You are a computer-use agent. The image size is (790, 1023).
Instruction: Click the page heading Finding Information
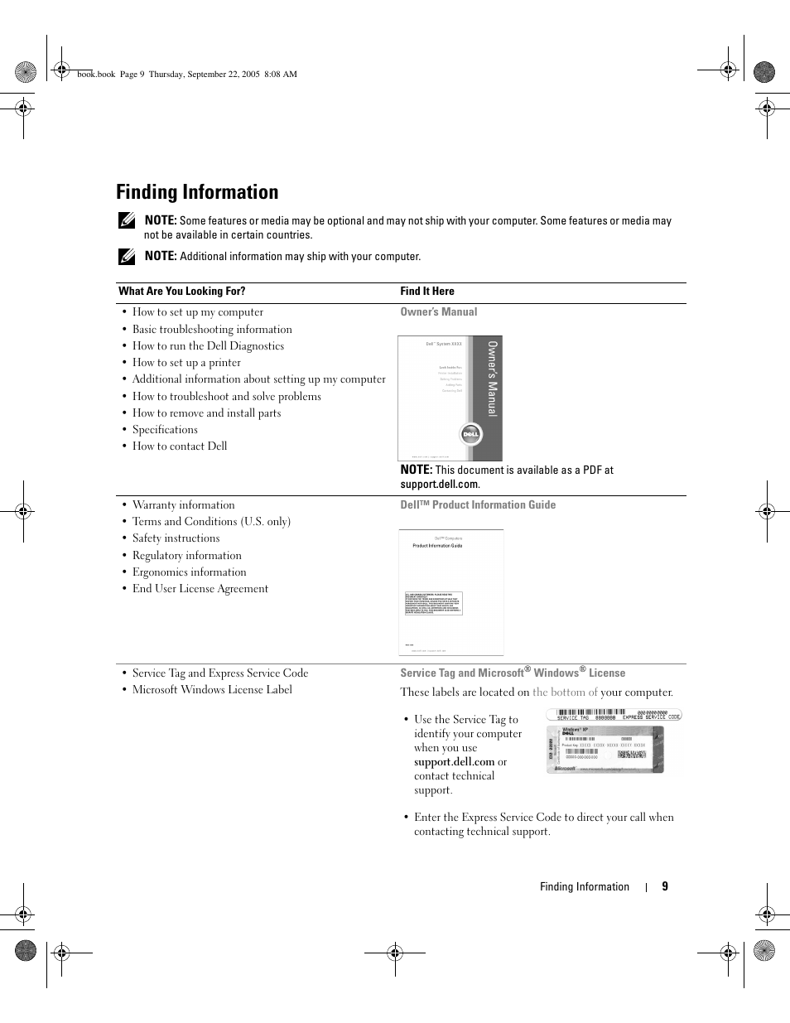point(197,192)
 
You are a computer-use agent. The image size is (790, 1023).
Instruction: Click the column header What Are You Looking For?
point(181,291)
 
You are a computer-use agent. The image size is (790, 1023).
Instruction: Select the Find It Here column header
point(426,291)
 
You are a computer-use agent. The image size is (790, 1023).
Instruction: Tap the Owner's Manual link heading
point(438,312)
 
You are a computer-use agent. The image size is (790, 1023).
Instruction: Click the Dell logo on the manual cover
point(471,434)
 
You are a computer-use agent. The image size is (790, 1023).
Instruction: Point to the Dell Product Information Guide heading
point(478,504)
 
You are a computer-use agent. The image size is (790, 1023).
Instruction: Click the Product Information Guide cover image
point(450,592)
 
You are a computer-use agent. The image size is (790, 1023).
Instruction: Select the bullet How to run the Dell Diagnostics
point(208,346)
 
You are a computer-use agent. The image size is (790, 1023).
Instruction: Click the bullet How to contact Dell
point(179,446)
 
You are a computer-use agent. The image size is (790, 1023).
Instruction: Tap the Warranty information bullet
point(183,504)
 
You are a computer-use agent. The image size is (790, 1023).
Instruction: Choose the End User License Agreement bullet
point(200,588)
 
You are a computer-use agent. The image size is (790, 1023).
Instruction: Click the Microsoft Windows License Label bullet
point(212,689)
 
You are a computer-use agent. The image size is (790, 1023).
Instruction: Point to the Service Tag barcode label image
point(614,715)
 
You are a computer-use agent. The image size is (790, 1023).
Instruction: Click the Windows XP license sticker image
point(605,750)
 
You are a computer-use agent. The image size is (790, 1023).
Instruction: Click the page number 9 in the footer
point(665,886)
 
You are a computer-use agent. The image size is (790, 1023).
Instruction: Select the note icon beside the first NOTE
point(126,221)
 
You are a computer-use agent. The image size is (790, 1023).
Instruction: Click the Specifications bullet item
point(165,429)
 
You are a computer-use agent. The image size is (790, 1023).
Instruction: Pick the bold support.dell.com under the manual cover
point(439,484)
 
